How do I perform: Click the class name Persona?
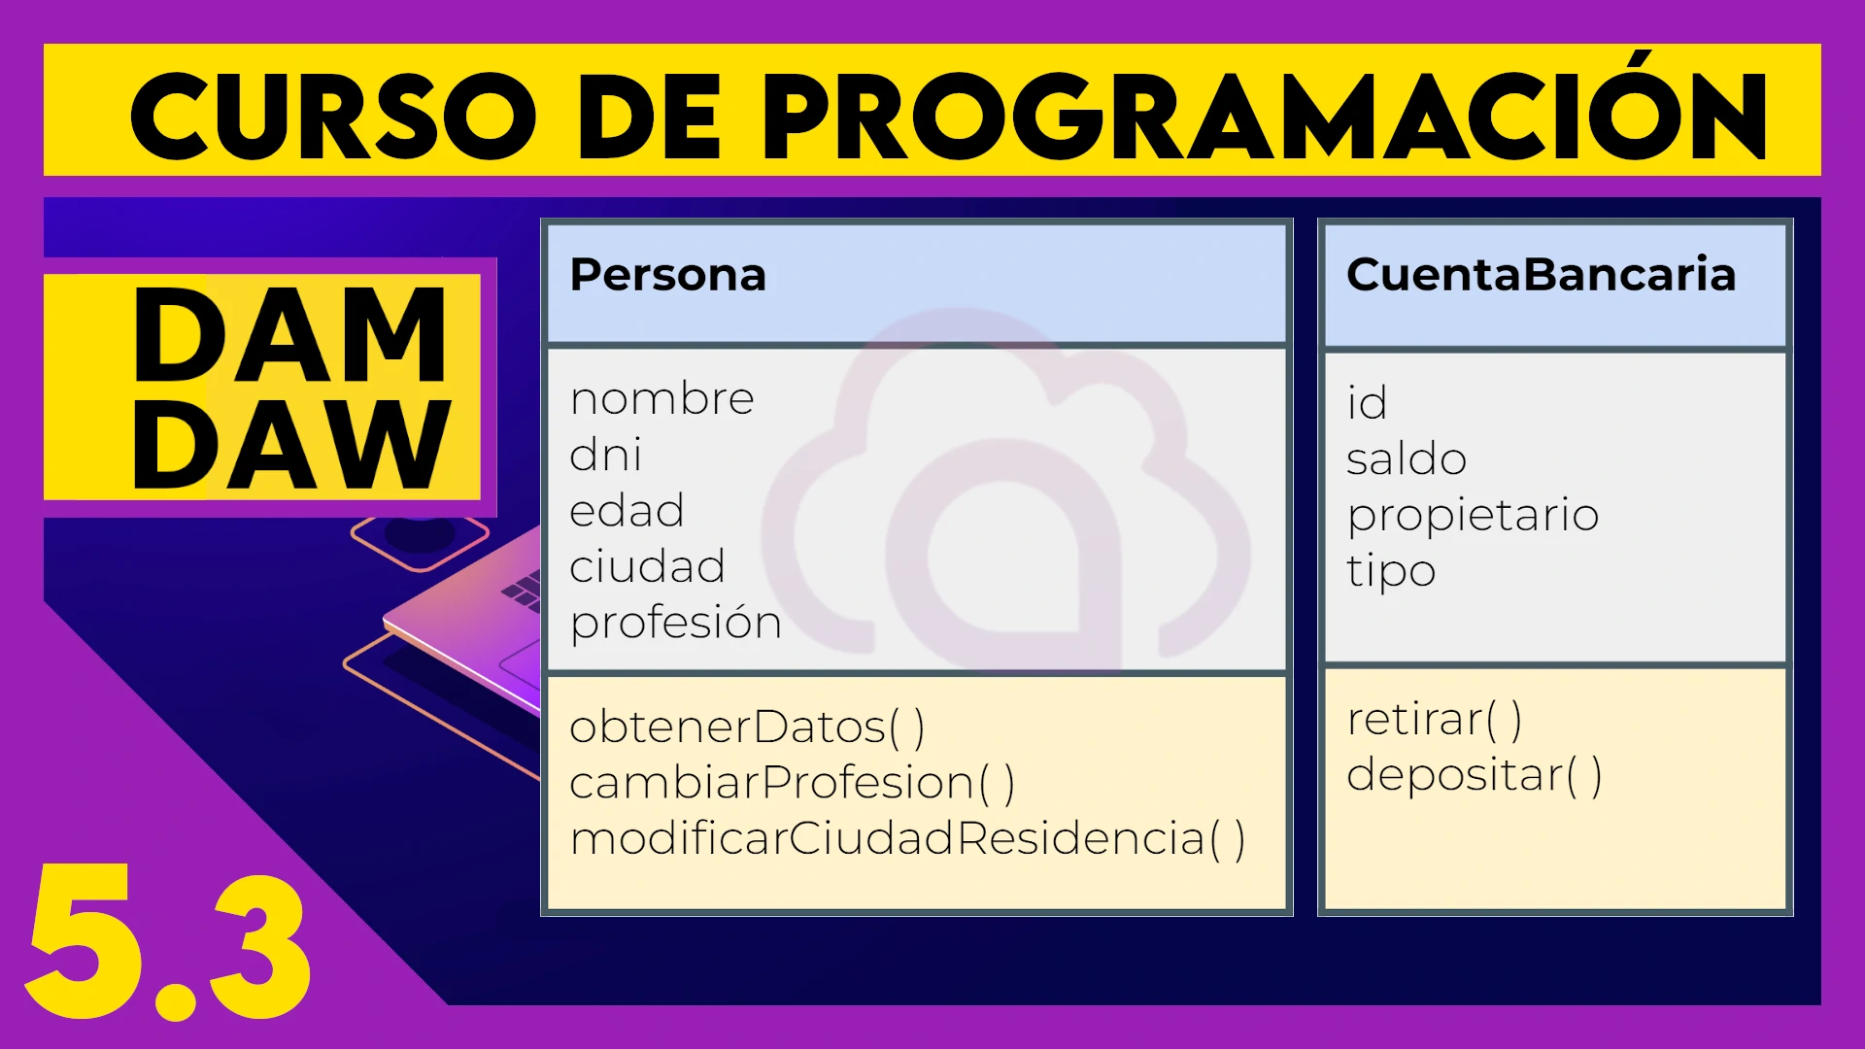(x=667, y=275)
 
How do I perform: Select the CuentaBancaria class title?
(x=1541, y=275)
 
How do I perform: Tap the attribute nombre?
(x=661, y=399)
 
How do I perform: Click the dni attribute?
(x=605, y=454)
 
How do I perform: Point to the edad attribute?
(x=627, y=510)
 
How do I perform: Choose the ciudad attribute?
(x=647, y=565)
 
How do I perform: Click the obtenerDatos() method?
(x=747, y=728)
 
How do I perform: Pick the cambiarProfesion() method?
(x=793, y=783)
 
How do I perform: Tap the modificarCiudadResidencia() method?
(x=908, y=839)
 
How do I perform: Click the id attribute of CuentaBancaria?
(x=1367, y=403)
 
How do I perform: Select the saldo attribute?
(x=1407, y=458)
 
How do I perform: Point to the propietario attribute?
(x=1473, y=517)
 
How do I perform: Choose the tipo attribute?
(x=1391, y=572)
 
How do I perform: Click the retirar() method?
(x=1435, y=720)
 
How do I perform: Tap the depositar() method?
(x=1475, y=776)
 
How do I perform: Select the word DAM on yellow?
(x=290, y=335)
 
